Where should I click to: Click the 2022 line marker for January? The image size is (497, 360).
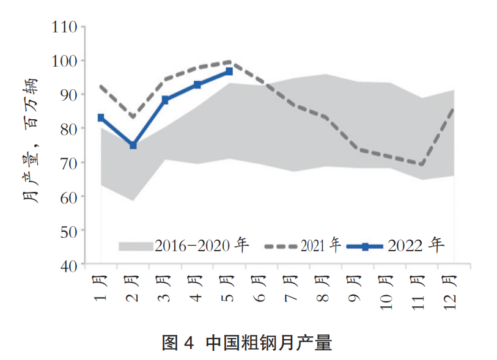tap(101, 117)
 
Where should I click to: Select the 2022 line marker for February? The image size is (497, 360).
tap(133, 145)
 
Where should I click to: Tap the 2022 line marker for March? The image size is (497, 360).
tap(165, 100)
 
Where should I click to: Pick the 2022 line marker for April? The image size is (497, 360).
tap(197, 85)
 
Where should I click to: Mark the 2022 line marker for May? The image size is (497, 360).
tap(229, 72)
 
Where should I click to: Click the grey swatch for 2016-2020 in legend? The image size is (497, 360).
tap(136, 246)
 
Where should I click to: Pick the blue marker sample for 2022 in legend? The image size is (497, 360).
tap(365, 246)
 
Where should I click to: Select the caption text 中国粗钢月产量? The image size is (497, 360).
tap(268, 342)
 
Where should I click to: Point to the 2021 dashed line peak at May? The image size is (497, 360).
tap(229, 62)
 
